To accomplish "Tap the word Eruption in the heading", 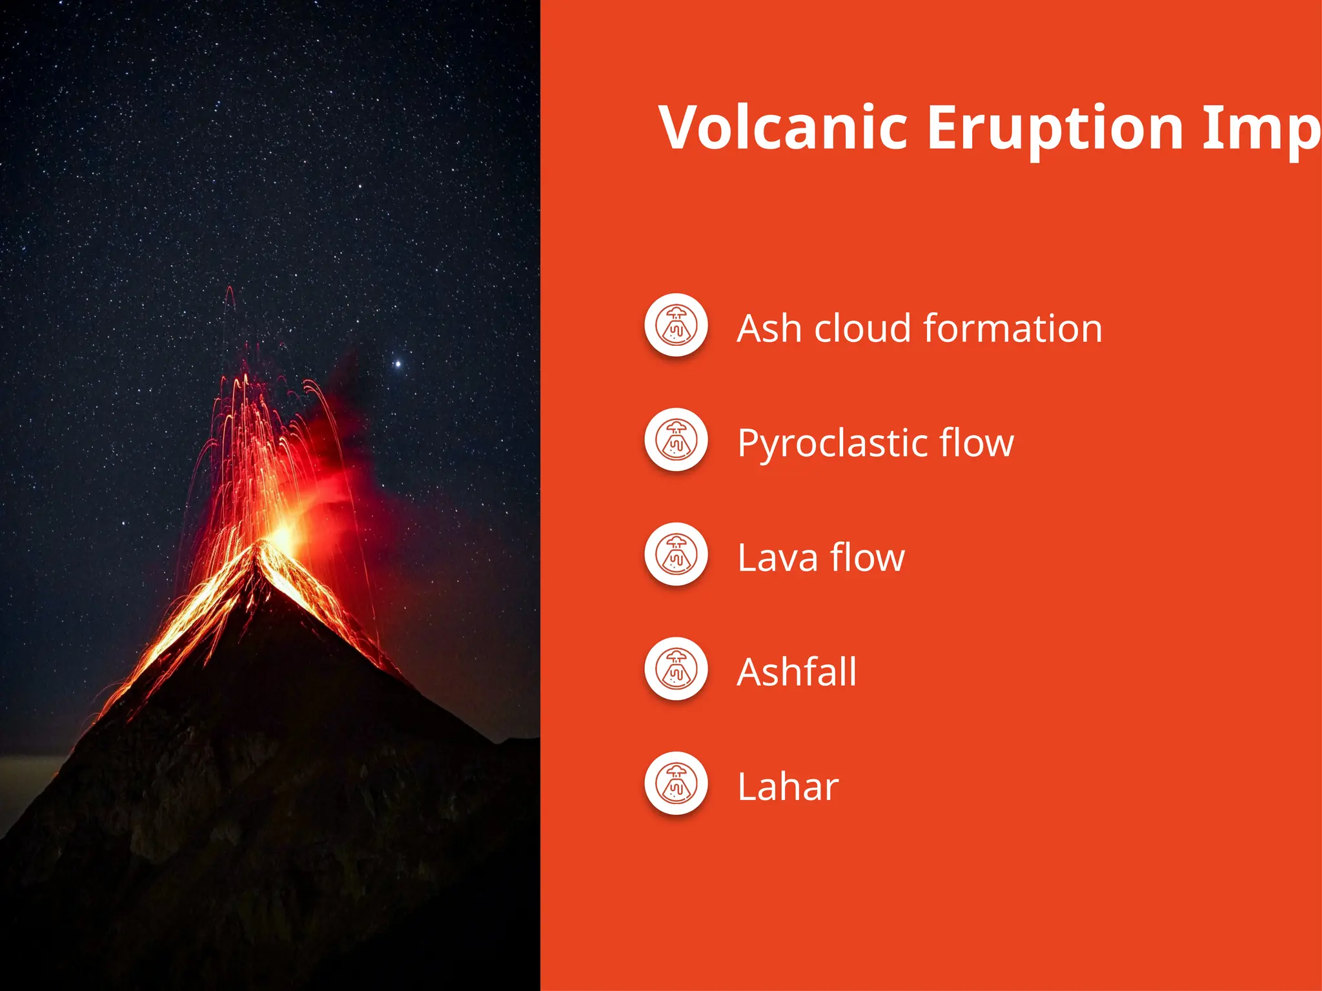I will (x=1055, y=129).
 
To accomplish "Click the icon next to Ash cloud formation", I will (x=676, y=325).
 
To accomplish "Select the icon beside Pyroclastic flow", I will (x=676, y=440).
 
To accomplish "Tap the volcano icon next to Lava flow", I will (x=676, y=554).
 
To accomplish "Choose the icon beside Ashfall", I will (x=676, y=669).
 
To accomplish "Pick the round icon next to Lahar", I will (x=676, y=784).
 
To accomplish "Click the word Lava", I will (x=777, y=557).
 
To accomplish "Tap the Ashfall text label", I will (x=797, y=672).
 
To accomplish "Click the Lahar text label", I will (x=788, y=787).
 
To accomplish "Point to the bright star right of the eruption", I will (x=398, y=365).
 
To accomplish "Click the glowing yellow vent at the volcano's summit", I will (x=283, y=536).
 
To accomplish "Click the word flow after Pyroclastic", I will (x=976, y=443).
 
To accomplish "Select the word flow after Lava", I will (x=867, y=557).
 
